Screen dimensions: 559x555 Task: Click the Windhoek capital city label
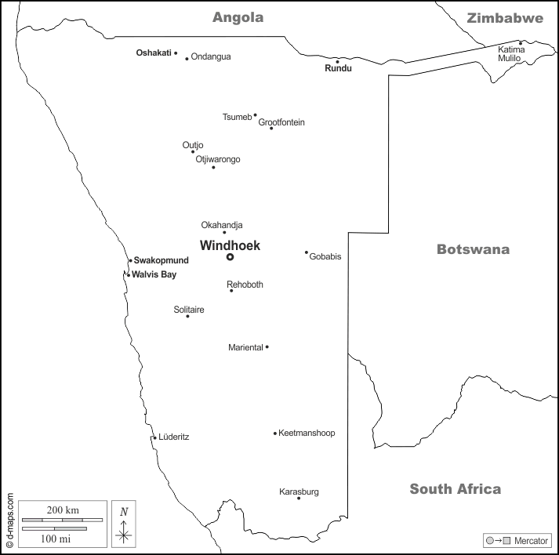pyautogui.click(x=230, y=245)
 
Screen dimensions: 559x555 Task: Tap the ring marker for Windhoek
pyautogui.click(x=230, y=257)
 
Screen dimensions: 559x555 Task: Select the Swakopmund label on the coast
pyautogui.click(x=162, y=260)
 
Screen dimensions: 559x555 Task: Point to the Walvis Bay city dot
pyautogui.click(x=128, y=274)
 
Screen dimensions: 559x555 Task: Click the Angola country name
pyautogui.click(x=238, y=17)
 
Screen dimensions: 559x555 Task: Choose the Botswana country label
pyautogui.click(x=473, y=249)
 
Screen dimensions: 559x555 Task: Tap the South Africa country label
pyautogui.click(x=455, y=489)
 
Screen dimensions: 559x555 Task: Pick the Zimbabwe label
pyautogui.click(x=504, y=18)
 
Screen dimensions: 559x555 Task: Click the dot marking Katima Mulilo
pyautogui.click(x=521, y=43)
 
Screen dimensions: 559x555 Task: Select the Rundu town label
pyautogui.click(x=338, y=69)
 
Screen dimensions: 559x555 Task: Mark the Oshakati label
pyautogui.click(x=154, y=53)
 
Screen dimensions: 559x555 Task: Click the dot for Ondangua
pyautogui.click(x=187, y=58)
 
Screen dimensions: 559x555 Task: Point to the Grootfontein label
pyautogui.click(x=281, y=122)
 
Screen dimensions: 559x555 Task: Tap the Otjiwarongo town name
pyautogui.click(x=218, y=159)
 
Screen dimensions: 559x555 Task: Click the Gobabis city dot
pyautogui.click(x=307, y=252)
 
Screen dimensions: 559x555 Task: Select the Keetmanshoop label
pyautogui.click(x=307, y=433)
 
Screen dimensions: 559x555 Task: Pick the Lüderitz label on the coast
pyautogui.click(x=173, y=437)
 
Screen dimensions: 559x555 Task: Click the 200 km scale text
pyautogui.click(x=62, y=510)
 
